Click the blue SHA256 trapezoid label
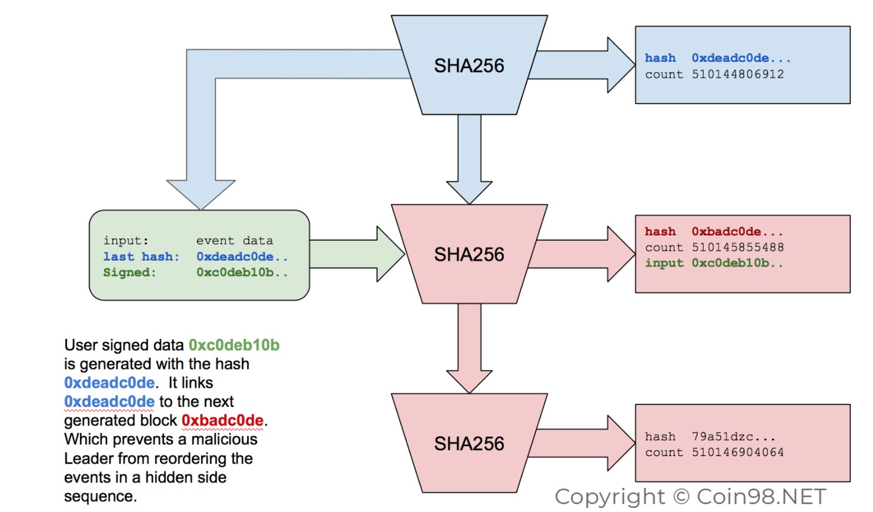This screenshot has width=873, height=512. coord(469,65)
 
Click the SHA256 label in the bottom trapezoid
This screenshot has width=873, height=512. coord(469,443)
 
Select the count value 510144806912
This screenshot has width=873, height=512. coord(737,74)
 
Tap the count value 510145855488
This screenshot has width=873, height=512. coord(737,247)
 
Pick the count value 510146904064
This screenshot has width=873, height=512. coord(737,453)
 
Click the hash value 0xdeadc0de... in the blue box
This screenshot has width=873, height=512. coord(741,58)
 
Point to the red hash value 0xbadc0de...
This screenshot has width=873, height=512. coord(737,232)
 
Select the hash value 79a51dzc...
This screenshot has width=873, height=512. coord(734,436)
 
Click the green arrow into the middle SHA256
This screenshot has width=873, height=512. coord(357,254)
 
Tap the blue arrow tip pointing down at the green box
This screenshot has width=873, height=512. coord(201,210)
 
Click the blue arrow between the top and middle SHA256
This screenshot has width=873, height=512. coord(469,159)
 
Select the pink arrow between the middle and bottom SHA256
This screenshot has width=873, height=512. coord(469,348)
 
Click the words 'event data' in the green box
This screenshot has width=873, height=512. coord(234,241)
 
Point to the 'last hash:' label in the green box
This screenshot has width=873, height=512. coord(141,257)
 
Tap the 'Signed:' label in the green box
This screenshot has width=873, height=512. coord(129,272)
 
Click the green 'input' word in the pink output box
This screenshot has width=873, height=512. coord(664,263)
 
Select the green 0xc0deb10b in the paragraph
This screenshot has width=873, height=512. coord(234,345)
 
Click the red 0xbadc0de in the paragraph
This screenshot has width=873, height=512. coord(222,420)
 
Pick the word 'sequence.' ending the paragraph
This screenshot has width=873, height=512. coord(100,496)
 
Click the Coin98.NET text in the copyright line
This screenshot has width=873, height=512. coord(761,497)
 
